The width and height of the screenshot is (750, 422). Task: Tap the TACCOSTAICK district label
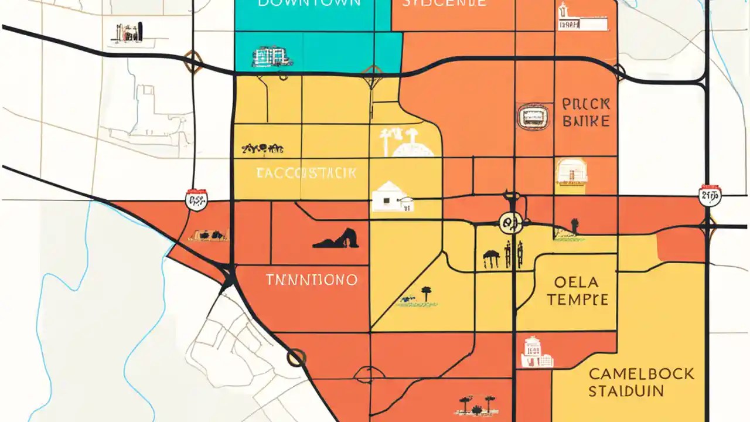coord(306,173)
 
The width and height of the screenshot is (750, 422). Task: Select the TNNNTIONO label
coord(311,280)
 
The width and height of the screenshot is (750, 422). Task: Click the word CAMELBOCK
coord(641,374)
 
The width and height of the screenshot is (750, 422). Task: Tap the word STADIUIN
coord(626,392)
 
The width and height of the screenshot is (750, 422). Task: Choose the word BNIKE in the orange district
coord(585,122)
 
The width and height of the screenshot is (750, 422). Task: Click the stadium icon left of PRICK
coord(532,116)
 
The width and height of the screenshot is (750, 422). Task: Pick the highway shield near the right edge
coord(710,195)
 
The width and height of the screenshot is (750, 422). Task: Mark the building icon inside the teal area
coord(272,57)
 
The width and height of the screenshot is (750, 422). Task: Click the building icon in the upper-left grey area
coord(127,34)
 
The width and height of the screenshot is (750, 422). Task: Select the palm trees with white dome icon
coord(405,142)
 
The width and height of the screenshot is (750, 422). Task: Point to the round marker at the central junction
coord(510,222)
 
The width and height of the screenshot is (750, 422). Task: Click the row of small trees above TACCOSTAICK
coord(262,149)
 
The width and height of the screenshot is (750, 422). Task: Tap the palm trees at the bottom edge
coord(476,404)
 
